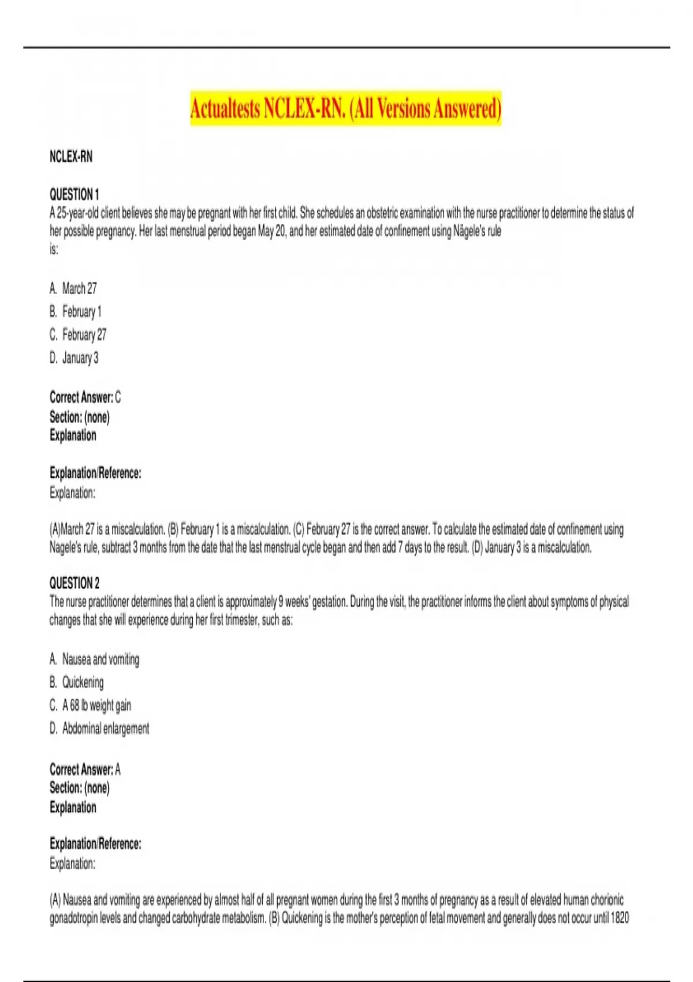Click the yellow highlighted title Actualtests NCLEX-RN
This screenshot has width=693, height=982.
click(x=345, y=108)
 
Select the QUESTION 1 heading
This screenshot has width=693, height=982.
click(x=74, y=194)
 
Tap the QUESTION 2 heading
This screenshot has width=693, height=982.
click(x=74, y=583)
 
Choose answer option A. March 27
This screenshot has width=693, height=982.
click(x=73, y=288)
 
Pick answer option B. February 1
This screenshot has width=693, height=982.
click(x=76, y=311)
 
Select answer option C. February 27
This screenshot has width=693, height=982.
click(x=78, y=334)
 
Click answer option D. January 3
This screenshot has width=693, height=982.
click(x=74, y=358)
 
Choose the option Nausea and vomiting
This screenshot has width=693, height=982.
click(x=95, y=659)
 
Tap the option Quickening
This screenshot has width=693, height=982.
click(x=77, y=682)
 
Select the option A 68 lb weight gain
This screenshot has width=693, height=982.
click(x=91, y=705)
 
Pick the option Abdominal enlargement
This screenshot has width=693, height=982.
click(x=99, y=728)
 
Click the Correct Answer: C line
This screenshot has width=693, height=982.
click(x=85, y=397)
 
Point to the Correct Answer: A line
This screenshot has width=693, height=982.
click(x=85, y=769)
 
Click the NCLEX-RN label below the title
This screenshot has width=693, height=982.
click(x=70, y=157)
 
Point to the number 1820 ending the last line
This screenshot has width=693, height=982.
click(x=620, y=918)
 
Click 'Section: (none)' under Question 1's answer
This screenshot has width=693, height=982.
click(x=79, y=416)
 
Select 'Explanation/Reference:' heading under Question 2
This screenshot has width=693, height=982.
click(x=95, y=844)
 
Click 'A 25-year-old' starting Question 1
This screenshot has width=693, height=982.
click(x=74, y=213)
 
